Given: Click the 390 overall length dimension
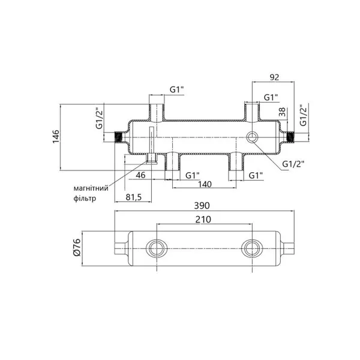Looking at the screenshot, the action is tap(202, 206).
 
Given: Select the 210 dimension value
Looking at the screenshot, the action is tap(203, 220).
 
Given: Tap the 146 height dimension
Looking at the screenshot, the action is tap(56, 137).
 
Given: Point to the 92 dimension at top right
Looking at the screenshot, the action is tap(274, 77).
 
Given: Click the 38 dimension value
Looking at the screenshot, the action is tap(283, 112).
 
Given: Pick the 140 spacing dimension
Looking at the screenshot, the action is tap(205, 184).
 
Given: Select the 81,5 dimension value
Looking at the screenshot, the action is tap(134, 197).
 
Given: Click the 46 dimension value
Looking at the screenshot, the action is tap(140, 175).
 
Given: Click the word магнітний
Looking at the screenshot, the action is tap(91, 188).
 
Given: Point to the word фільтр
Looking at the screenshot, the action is tap(85, 199).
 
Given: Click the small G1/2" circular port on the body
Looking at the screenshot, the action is tap(252, 137).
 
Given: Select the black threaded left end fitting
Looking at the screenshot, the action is tap(118, 137).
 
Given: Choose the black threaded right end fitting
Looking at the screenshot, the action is tap(290, 137).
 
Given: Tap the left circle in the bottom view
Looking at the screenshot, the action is tap(157, 248).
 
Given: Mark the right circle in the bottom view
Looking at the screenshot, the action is tap(252, 248).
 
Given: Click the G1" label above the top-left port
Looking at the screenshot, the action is tap(177, 90).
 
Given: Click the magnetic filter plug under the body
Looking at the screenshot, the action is tap(151, 159).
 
